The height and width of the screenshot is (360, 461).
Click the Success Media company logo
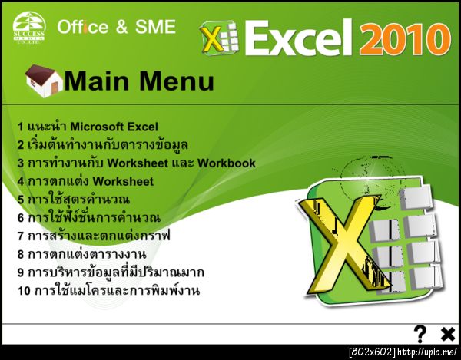pyautogui.click(x=29, y=28)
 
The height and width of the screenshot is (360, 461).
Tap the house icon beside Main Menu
pyautogui.click(x=44, y=81)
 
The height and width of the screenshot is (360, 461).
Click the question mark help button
pyautogui.click(x=420, y=334)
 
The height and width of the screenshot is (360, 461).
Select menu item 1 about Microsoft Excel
pyautogui.click(x=88, y=127)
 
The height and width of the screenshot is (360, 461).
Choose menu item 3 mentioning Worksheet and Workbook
pyautogui.click(x=137, y=163)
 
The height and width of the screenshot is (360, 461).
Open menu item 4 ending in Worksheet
pyautogui.click(x=85, y=181)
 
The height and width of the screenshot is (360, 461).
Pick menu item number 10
pyautogui.click(x=109, y=290)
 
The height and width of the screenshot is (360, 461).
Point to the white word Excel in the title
pyautogui.click(x=298, y=38)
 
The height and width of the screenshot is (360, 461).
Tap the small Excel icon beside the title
pyautogui.click(x=219, y=38)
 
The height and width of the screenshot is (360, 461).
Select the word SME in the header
pyautogui.click(x=155, y=27)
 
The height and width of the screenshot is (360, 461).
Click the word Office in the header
pyautogui.click(x=83, y=27)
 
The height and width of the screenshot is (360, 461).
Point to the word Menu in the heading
pyautogui.click(x=177, y=81)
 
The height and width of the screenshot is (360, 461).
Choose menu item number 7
pyautogui.click(x=94, y=236)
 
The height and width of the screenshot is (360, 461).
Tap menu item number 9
pyautogui.click(x=111, y=272)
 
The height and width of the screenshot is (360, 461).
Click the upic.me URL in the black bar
pyautogui.click(x=427, y=352)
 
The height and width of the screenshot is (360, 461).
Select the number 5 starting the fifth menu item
pyautogui.click(x=21, y=200)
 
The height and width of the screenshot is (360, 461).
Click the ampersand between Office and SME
pyautogui.click(x=121, y=27)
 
